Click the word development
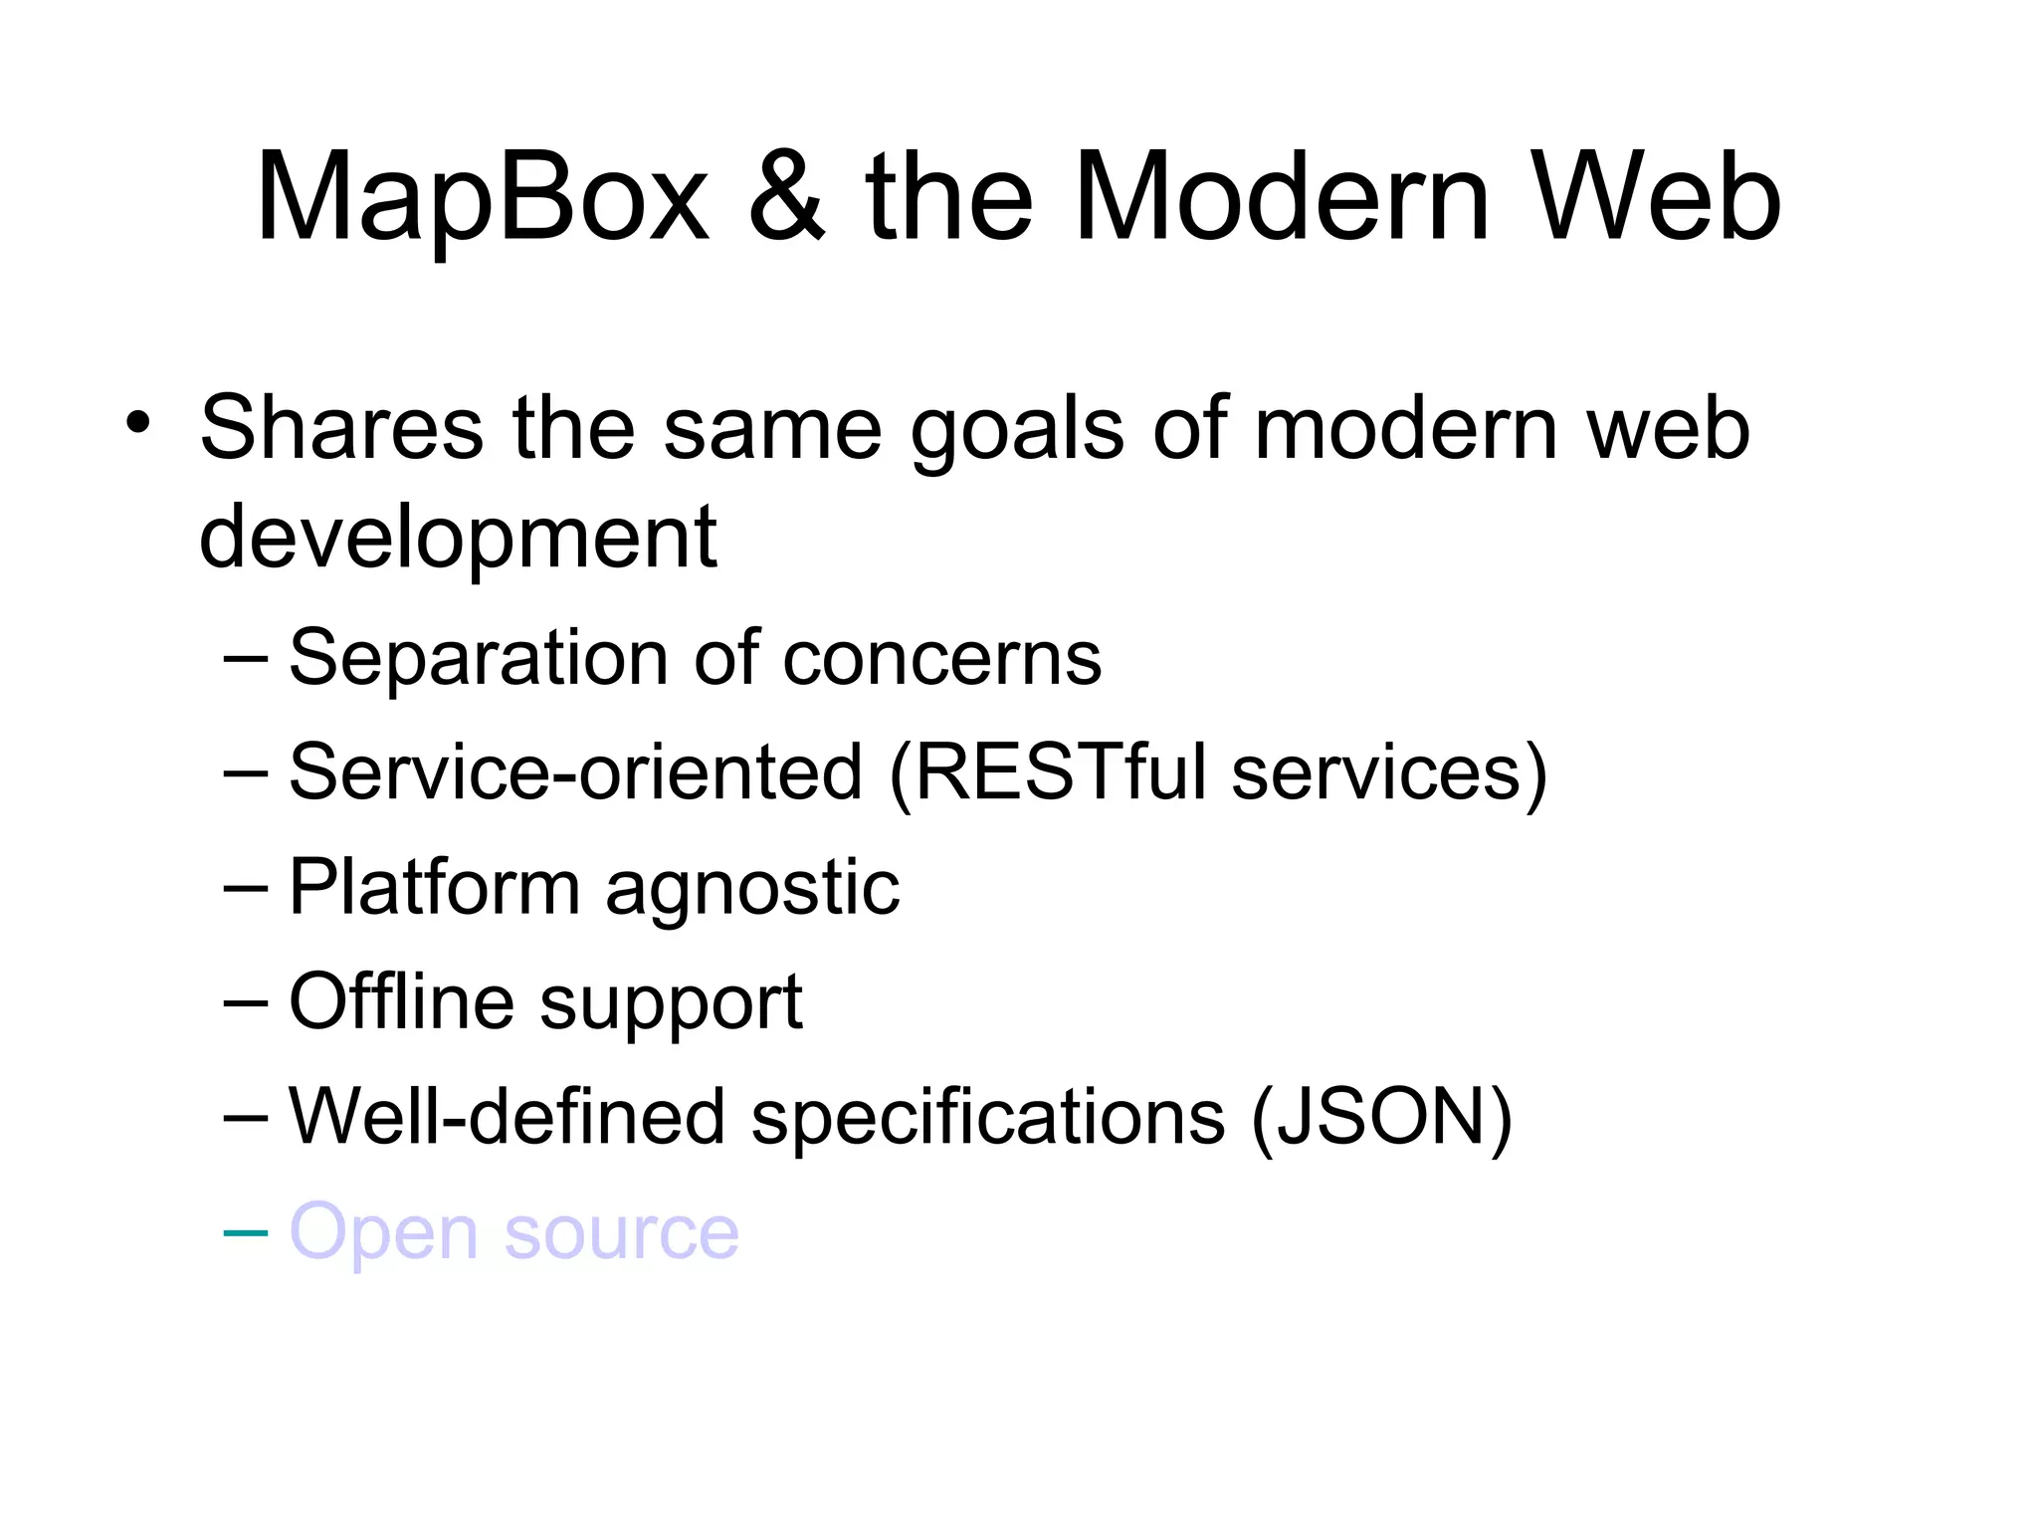point(458,538)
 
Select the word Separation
point(479,659)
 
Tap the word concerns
point(942,659)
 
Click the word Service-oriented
point(575,772)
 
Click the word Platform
point(434,888)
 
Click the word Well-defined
point(507,1117)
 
